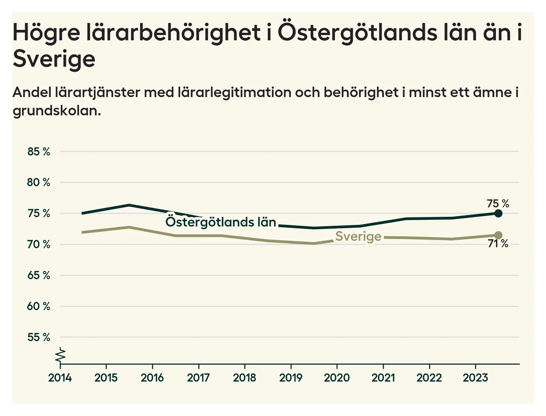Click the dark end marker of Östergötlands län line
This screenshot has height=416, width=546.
click(x=498, y=213)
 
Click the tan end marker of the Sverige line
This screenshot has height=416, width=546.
click(x=498, y=235)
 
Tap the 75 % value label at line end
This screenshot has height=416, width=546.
click(x=498, y=204)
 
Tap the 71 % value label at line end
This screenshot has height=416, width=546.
click(x=498, y=244)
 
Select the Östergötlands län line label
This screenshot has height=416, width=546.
click(x=221, y=222)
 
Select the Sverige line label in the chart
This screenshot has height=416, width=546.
click(x=358, y=236)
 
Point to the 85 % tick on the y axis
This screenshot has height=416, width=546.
click(x=39, y=152)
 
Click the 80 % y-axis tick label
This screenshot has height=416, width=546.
click(x=39, y=182)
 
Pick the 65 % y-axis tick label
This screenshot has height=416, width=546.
click(x=39, y=275)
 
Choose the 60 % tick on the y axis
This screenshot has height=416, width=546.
click(x=39, y=306)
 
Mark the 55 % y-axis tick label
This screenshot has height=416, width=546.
click(x=39, y=337)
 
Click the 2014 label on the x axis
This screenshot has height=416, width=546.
click(x=60, y=378)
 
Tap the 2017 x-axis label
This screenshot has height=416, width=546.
click(x=198, y=378)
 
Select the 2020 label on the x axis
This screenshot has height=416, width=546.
click(x=337, y=378)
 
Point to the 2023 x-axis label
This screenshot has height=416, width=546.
click(x=475, y=378)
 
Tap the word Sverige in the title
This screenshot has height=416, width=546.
click(x=54, y=59)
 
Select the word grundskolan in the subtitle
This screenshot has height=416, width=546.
click(x=56, y=111)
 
